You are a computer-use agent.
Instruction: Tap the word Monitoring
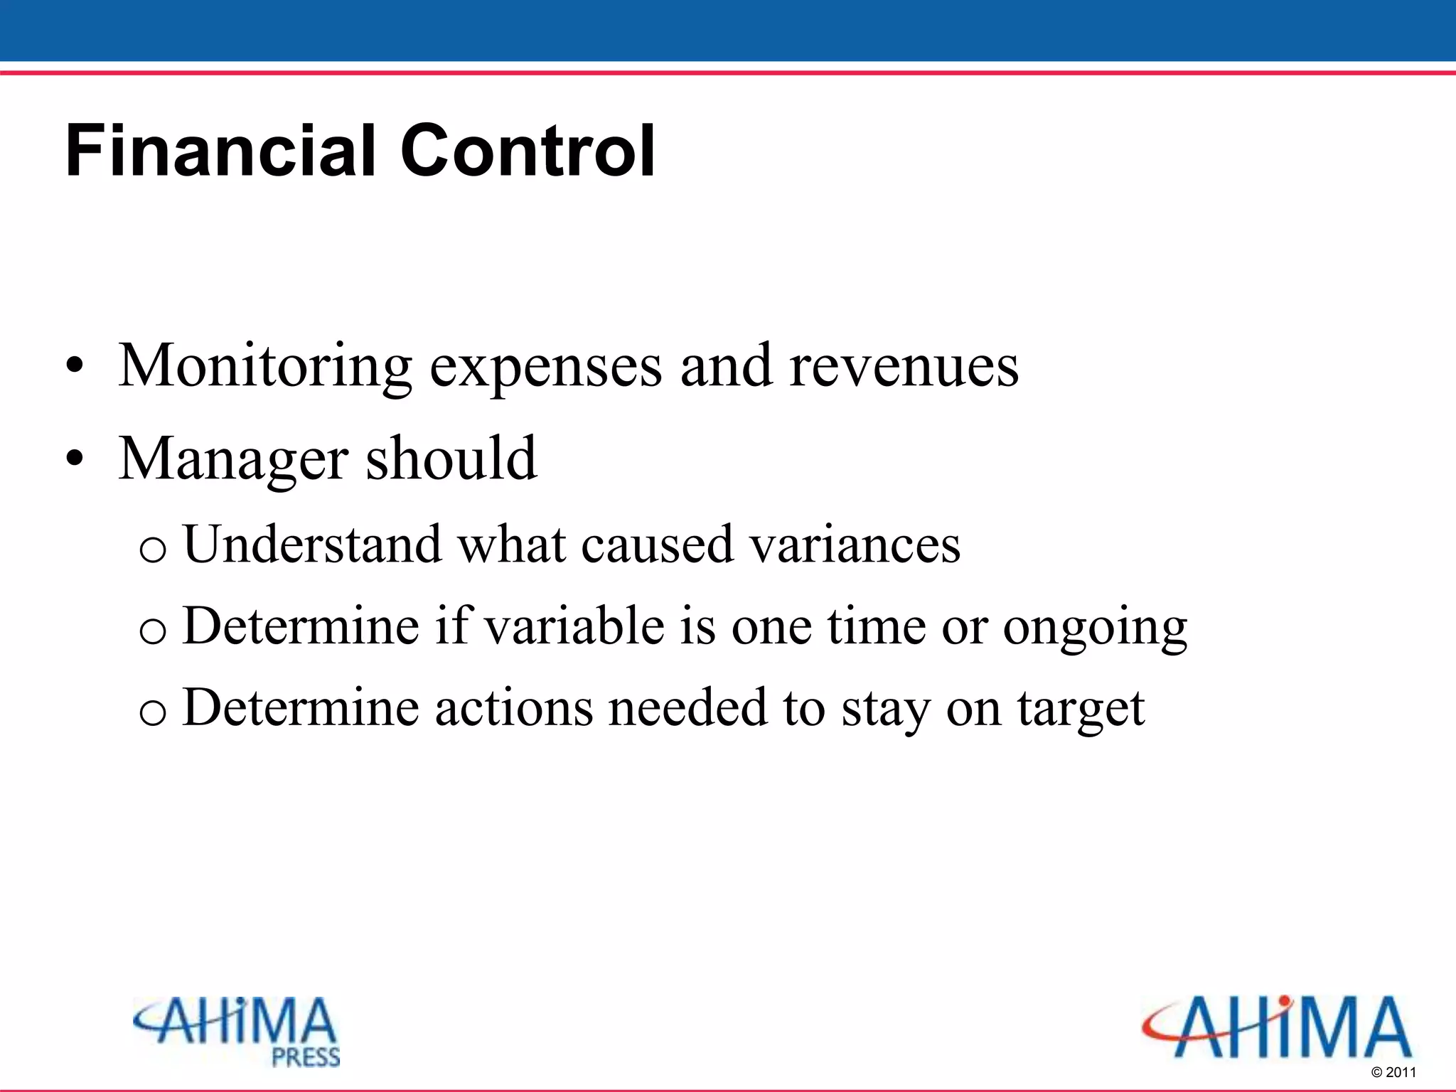tap(264, 367)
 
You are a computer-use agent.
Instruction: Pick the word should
tap(451, 459)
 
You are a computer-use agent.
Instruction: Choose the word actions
tap(513, 708)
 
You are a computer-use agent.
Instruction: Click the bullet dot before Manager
tap(74, 460)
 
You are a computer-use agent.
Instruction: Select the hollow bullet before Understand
tap(153, 549)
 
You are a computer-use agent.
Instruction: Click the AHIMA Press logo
tap(236, 1031)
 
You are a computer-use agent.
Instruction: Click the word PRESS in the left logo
tap(306, 1057)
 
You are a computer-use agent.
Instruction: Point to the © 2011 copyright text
tap(1393, 1072)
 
